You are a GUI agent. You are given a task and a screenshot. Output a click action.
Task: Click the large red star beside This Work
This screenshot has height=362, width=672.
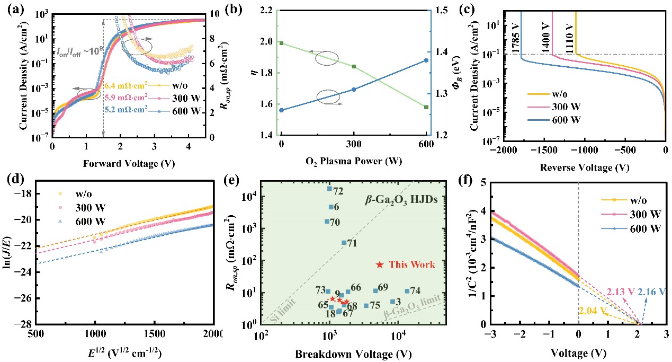[380, 264]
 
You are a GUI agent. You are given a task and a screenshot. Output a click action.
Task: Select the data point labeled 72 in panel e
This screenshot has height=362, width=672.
[329, 188]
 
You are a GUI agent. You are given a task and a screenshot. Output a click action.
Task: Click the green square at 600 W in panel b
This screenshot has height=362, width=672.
[426, 107]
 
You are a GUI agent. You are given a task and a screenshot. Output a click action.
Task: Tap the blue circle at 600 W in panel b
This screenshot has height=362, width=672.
[426, 60]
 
